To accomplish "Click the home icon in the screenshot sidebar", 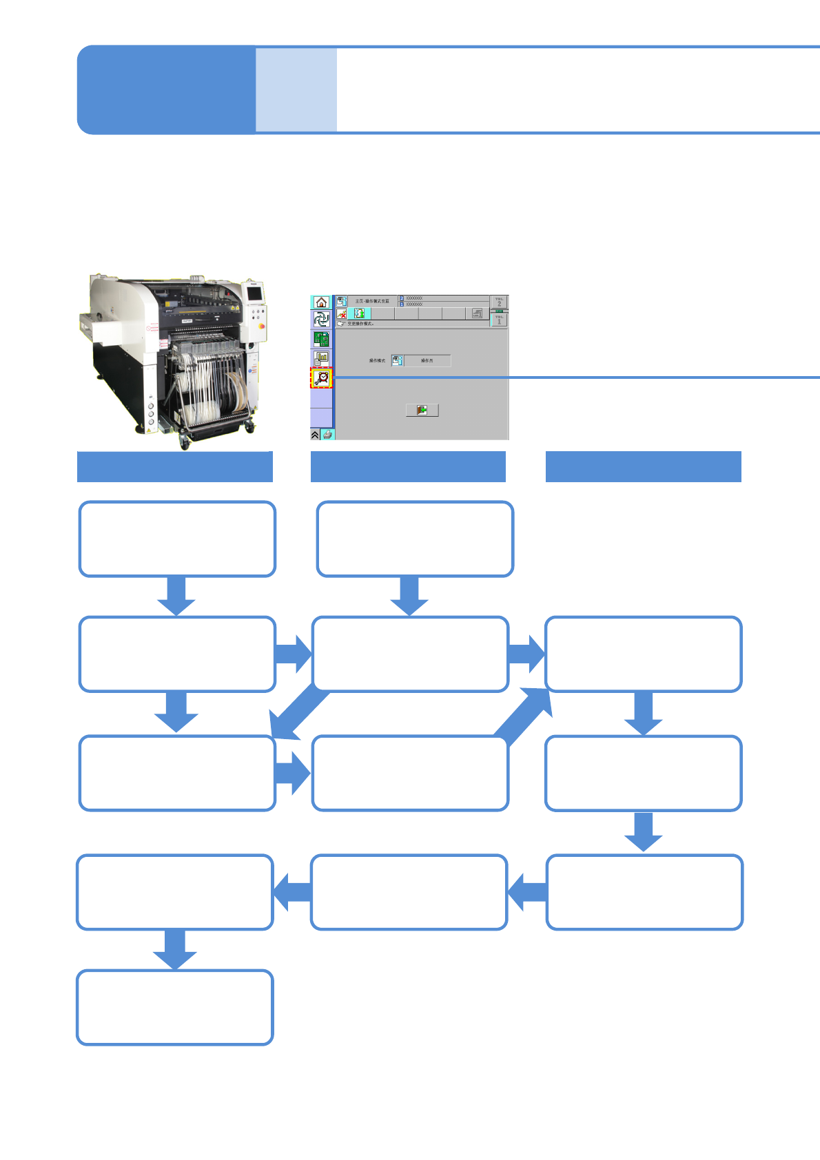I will click(x=321, y=302).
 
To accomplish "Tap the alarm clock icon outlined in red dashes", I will click(x=321, y=378).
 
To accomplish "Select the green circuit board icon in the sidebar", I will click(x=321, y=339).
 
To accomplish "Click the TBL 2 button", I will click(x=499, y=302).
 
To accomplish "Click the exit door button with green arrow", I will click(x=422, y=410).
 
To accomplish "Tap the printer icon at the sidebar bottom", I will click(x=327, y=435).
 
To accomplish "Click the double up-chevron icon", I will click(x=315, y=435).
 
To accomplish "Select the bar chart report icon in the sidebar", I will click(x=321, y=358).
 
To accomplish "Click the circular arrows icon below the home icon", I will click(x=321, y=320).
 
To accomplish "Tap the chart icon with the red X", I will click(x=342, y=314).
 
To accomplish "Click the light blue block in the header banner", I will click(x=296, y=90).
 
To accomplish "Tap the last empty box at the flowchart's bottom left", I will click(x=175, y=1007).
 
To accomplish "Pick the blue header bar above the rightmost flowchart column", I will click(x=643, y=466).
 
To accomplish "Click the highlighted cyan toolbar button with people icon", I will click(x=359, y=314).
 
